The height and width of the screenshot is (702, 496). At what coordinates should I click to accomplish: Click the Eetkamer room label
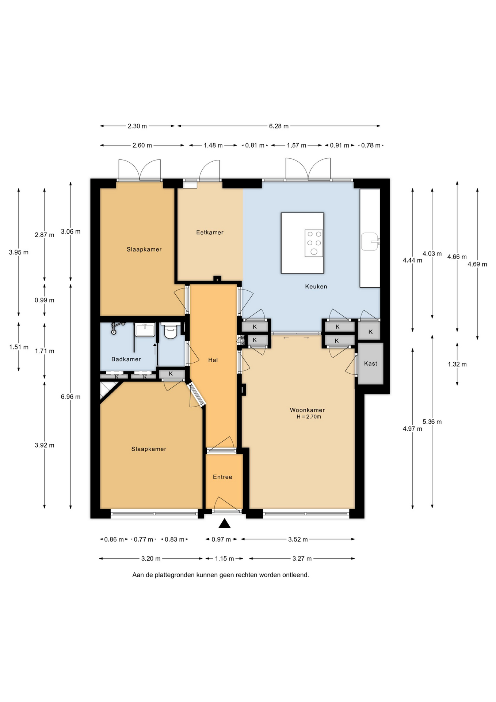click(x=210, y=232)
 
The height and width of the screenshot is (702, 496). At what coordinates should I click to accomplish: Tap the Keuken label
click(x=316, y=286)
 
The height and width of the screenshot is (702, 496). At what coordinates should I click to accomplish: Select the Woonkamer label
click(x=307, y=410)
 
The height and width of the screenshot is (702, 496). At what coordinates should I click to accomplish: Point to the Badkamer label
click(x=126, y=359)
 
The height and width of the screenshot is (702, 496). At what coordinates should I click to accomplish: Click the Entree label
click(x=222, y=477)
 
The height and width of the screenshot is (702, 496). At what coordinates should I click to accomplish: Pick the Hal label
click(x=213, y=360)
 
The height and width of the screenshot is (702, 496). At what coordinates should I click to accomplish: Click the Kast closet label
click(x=370, y=363)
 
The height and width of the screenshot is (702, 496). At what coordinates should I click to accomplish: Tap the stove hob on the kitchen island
click(x=314, y=243)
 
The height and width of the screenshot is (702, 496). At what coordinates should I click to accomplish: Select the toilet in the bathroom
click(x=171, y=331)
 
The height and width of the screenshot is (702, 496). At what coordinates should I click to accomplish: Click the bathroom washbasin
click(x=145, y=330)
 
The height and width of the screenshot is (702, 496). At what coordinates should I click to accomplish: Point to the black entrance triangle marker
click(x=225, y=524)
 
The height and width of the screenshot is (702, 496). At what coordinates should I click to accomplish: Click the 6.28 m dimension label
click(x=279, y=126)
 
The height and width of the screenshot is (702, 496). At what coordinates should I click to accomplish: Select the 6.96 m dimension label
click(x=70, y=397)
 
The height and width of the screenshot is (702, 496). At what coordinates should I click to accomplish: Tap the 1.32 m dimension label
click(x=457, y=364)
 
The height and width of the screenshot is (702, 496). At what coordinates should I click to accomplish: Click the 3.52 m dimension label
click(x=298, y=539)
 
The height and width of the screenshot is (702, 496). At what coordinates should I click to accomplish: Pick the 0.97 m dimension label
click(x=221, y=539)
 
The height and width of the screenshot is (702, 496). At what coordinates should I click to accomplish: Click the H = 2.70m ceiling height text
click(x=309, y=417)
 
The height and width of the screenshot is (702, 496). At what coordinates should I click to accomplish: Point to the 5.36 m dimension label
click(x=432, y=422)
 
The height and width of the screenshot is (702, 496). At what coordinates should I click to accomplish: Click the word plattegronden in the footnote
click(x=174, y=575)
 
